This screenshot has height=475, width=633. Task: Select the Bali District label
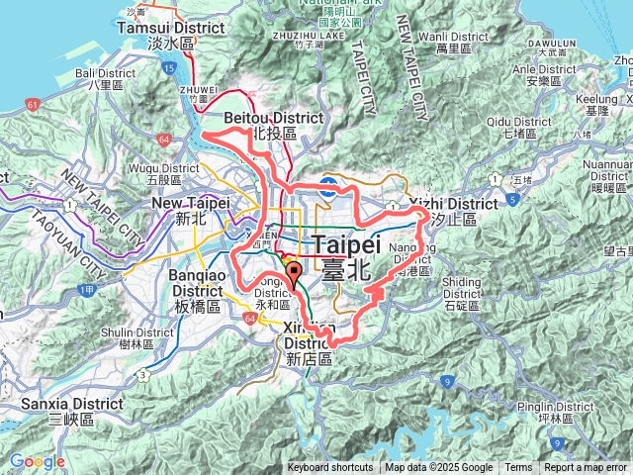click(x=74, y=78)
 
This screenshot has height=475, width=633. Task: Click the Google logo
click(x=37, y=461)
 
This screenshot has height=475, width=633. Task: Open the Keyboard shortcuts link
click(x=330, y=468)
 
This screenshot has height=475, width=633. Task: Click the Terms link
click(x=518, y=468)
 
